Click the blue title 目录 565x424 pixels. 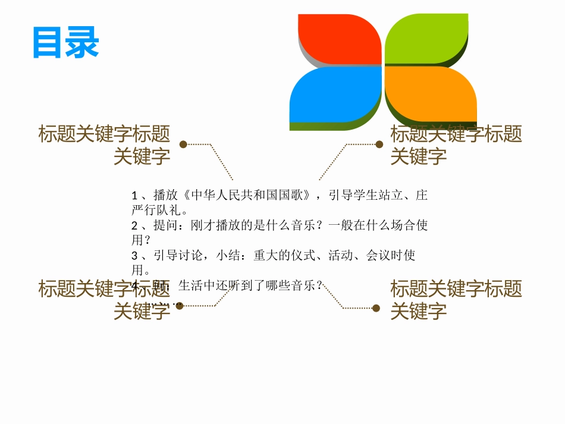65,42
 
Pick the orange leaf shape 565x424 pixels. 429,95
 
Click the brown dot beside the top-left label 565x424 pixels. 183,144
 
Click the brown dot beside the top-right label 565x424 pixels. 379,144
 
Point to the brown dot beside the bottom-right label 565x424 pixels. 376,308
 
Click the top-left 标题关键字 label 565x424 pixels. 105,145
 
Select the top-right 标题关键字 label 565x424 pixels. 456,145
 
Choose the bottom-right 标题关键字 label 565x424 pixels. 456,299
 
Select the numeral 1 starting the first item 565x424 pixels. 135,196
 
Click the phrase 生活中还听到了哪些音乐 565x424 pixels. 247,286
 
